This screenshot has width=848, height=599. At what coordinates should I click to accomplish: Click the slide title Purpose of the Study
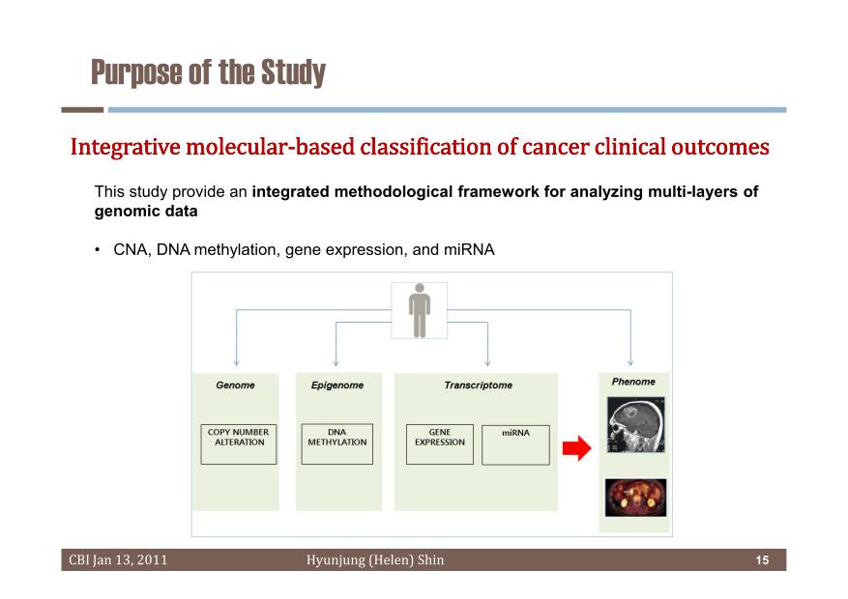(208, 72)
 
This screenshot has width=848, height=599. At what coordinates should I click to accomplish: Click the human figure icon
(419, 310)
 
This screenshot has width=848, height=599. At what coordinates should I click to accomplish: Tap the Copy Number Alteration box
(239, 444)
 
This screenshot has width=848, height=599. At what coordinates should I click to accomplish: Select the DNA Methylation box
(336, 444)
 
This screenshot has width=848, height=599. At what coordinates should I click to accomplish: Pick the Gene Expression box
(440, 444)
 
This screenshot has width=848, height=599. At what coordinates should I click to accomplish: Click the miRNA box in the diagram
(515, 445)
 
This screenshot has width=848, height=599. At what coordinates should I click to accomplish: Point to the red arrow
(576, 448)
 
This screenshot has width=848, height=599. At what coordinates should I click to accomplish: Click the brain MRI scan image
(635, 424)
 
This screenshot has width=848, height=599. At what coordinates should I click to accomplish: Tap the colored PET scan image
(635, 498)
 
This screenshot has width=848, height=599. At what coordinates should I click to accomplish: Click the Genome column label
(235, 385)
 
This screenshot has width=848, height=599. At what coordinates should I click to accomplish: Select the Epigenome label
(336, 385)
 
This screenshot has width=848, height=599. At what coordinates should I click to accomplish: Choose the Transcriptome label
(478, 385)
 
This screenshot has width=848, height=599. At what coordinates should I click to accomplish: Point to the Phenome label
(633, 382)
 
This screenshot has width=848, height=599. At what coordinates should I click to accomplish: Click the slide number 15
(762, 560)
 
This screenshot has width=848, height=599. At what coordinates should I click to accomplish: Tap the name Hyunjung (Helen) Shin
(375, 560)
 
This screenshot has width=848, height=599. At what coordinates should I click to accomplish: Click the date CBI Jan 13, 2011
(118, 560)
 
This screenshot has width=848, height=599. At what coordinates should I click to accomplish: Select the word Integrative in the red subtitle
(126, 147)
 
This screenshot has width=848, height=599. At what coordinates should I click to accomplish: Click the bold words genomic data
(146, 212)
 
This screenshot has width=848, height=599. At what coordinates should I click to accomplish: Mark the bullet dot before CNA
(98, 249)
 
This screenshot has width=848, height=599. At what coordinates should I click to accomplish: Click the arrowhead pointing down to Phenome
(630, 363)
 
